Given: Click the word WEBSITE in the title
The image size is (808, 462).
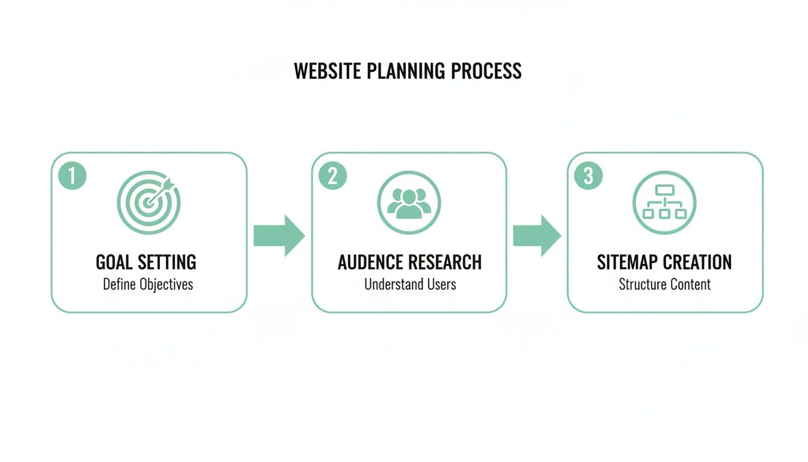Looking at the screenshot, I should pos(327,71).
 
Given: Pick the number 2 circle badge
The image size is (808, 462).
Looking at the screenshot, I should pos(332,176).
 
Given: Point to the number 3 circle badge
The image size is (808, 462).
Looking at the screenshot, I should pos(589,176).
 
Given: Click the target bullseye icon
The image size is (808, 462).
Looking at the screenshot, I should pos(148,203).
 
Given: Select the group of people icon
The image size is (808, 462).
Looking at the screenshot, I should pos(409,203).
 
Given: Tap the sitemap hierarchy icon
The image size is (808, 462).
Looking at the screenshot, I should pos(664,203).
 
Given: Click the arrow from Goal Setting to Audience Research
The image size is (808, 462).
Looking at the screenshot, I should pos(279,236).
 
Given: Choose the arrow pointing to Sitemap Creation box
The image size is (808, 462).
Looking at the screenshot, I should pos(537,236).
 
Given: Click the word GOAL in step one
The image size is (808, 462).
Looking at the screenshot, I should pos(115,262).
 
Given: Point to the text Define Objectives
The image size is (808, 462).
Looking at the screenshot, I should pos(148,284).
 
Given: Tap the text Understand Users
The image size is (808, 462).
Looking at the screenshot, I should pos(410,284).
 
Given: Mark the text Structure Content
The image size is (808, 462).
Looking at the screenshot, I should pos(664,284).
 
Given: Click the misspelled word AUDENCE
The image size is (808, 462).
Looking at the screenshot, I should pos(372,262).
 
